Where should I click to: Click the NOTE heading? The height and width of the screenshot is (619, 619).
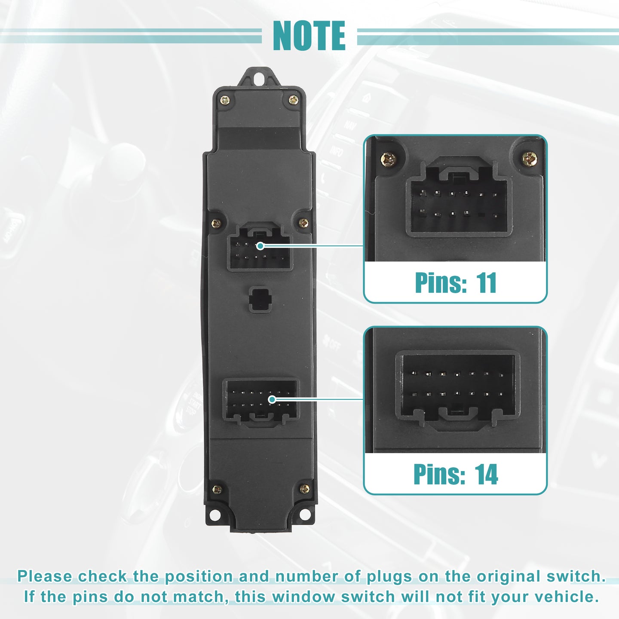click(x=309, y=36)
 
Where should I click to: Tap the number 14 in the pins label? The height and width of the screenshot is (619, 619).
click(x=486, y=475)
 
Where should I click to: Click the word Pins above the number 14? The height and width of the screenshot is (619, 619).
click(x=439, y=474)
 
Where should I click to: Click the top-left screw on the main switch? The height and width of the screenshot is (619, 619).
click(x=225, y=101)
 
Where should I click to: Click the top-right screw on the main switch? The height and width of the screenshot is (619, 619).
click(x=294, y=100)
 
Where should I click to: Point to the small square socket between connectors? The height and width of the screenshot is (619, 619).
click(x=260, y=299)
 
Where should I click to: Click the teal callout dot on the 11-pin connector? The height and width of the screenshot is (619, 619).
click(x=260, y=246)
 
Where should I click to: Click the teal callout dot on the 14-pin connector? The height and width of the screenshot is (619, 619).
click(x=272, y=399)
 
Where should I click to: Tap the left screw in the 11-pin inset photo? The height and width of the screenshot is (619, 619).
click(x=388, y=159)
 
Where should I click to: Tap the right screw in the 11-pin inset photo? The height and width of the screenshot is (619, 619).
click(x=530, y=159)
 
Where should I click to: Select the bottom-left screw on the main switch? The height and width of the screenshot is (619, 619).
click(x=217, y=489)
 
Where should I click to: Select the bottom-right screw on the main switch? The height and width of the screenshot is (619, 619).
click(x=304, y=489)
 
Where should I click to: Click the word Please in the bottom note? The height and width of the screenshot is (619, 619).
click(x=45, y=576)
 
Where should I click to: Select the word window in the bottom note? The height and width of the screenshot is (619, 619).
click(x=303, y=597)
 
